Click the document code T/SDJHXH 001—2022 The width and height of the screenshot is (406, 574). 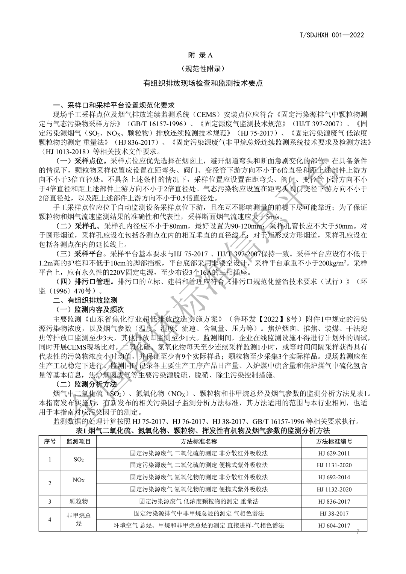[332, 35]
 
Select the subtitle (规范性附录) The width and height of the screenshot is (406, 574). [203, 69]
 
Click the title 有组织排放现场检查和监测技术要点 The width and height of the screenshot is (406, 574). [203, 83]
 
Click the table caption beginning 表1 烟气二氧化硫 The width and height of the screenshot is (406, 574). [203, 430]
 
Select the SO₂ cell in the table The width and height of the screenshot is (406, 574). [79, 459]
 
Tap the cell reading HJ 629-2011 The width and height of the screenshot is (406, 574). [334, 453]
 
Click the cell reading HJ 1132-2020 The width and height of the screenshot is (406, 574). [334, 489]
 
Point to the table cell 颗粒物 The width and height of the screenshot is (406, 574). [79, 501]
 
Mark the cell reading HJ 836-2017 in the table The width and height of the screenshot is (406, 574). [334, 501]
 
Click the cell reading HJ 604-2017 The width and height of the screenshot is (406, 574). [334, 526]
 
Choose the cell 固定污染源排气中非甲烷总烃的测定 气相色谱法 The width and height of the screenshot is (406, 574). [199, 513]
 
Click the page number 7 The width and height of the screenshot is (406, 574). [358, 532]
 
